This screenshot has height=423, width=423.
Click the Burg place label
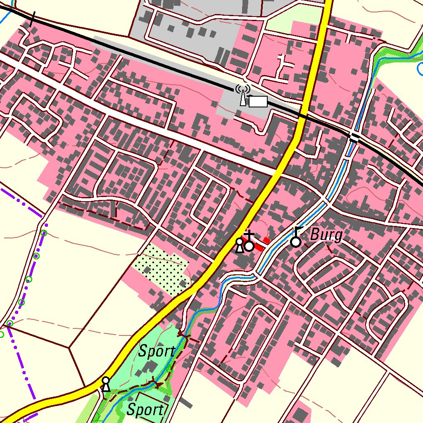(326, 235)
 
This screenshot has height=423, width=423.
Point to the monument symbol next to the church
(239, 245)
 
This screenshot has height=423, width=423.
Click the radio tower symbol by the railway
(243, 95)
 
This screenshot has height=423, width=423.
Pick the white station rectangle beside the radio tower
(258, 102)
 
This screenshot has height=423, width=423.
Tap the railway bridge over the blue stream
(354, 137)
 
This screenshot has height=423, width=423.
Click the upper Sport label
(156, 352)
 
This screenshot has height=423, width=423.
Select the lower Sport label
(145, 410)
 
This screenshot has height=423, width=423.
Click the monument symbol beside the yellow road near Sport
(106, 384)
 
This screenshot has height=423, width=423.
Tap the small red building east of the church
(267, 240)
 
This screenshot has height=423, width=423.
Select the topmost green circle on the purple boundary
(44, 233)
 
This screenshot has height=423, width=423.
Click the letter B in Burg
(314, 235)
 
